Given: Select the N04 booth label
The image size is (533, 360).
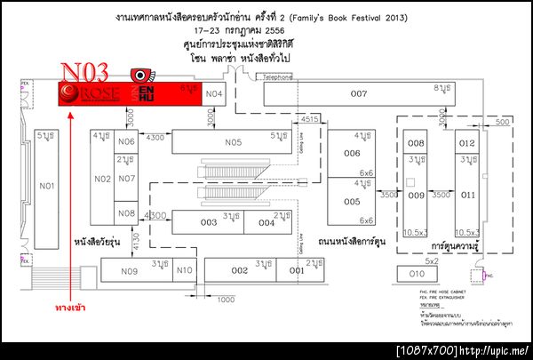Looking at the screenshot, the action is [214, 93].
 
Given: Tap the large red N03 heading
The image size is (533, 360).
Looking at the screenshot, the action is [84, 72].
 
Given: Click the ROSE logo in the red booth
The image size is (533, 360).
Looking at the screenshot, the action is [85, 94].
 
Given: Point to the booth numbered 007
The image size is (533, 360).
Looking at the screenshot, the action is [359, 94].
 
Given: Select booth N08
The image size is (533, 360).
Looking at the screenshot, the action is [126, 213].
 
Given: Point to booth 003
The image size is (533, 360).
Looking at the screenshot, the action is [208, 222].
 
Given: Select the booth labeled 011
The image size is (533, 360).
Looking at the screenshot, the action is [468, 194].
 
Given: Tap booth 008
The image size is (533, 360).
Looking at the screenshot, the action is [415, 143].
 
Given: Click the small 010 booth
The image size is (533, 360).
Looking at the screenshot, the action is [416, 274].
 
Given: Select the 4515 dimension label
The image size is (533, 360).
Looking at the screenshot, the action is [309, 119].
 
